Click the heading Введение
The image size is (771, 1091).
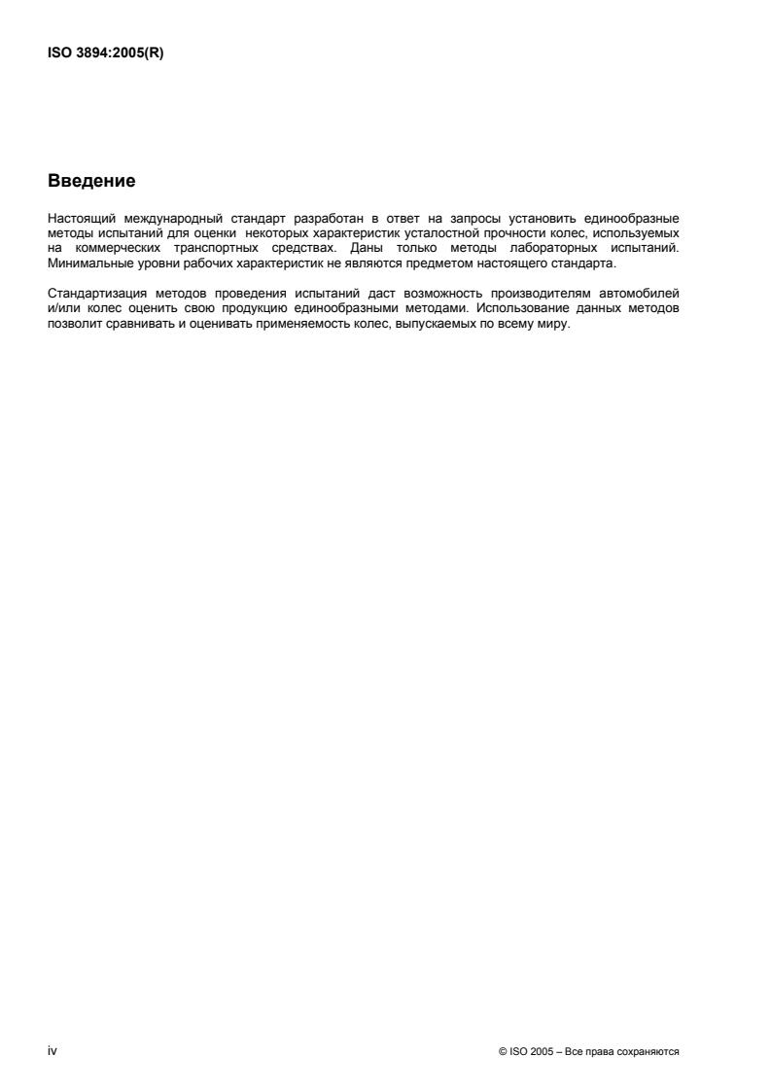pyautogui.click(x=91, y=181)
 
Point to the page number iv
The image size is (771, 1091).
pyautogui.click(x=52, y=1051)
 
